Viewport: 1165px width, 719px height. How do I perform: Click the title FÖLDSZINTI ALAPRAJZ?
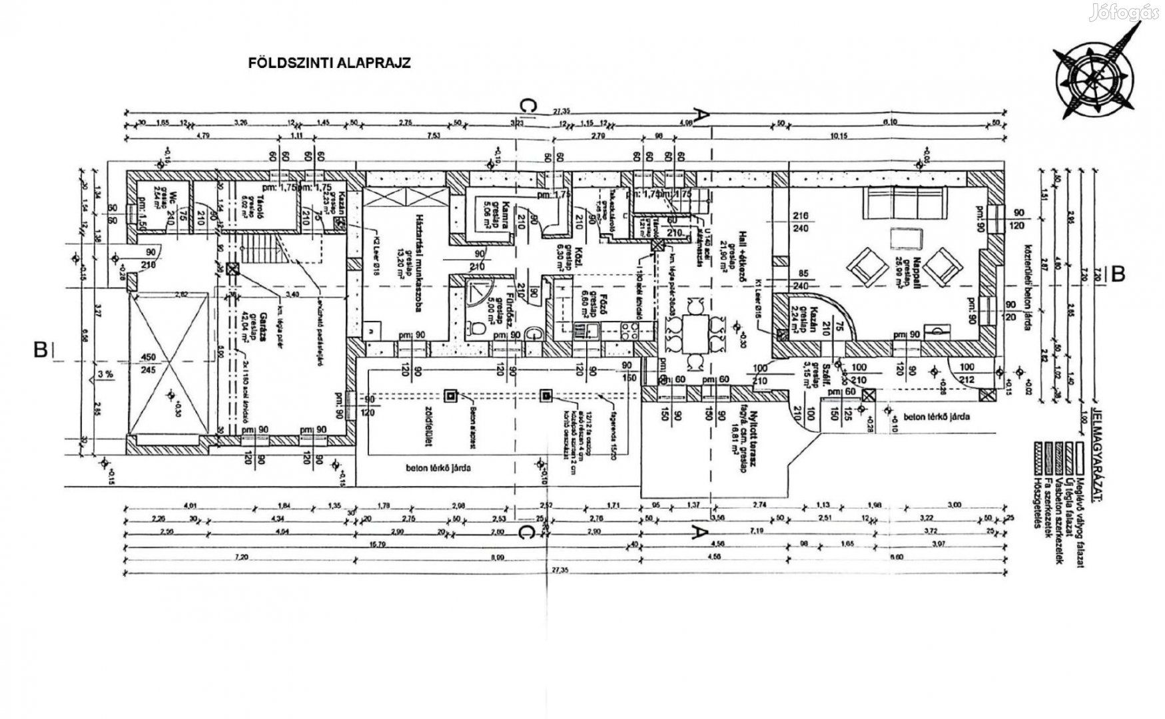(x=329, y=63)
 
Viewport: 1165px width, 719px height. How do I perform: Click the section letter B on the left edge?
(x=41, y=350)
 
